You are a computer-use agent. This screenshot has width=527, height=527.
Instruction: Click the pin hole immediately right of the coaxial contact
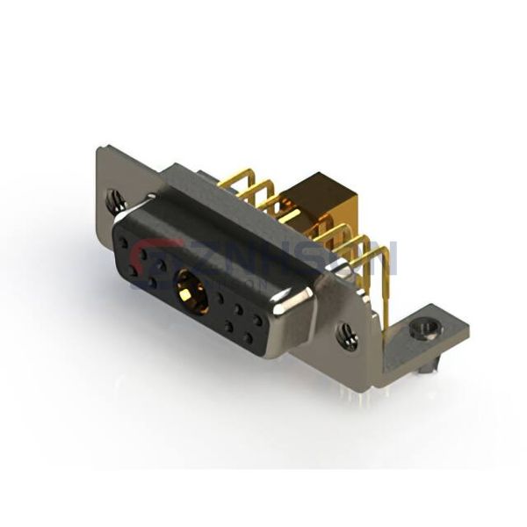click(x=220, y=301)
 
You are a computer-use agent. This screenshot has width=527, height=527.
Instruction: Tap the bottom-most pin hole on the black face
click(x=249, y=341)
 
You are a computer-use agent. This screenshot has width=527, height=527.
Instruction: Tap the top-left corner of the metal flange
click(x=99, y=150)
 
